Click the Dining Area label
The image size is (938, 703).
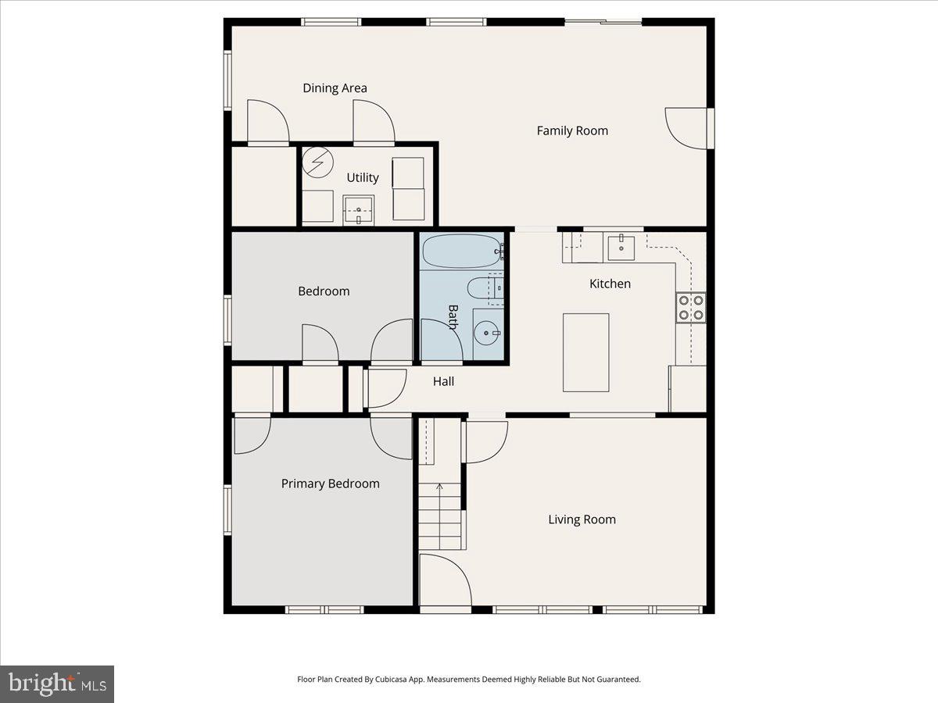tap(335, 88)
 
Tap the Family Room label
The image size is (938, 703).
tap(572, 131)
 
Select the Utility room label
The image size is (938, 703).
tap(363, 178)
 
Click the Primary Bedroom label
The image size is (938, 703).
tap(330, 484)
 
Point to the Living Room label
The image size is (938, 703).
tap(582, 519)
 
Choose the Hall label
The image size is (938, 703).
tap(444, 382)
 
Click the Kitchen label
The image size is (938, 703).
tap(610, 284)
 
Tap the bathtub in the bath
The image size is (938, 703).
tap(461, 252)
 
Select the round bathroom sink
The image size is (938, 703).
tap(488, 334)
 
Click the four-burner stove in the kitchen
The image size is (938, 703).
tap(691, 307)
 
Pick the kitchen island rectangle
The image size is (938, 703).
tap(586, 352)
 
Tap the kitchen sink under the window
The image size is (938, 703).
tap(621, 247)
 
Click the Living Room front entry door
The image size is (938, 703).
tap(444, 580)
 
